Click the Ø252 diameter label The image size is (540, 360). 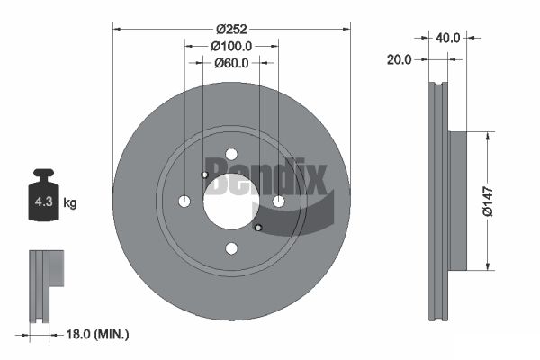coord(231,30)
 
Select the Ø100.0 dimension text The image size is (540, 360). coord(231,46)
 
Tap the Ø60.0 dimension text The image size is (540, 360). coord(231,63)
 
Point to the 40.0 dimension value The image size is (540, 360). coord(447,38)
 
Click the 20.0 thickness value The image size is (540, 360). coord(399,60)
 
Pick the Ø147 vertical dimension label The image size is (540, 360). coord(488,202)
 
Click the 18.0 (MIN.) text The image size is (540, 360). coord(97,334)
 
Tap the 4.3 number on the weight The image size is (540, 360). coord(44,202)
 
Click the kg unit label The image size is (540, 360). coord(70,202)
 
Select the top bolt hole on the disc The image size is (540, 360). coord(231,154)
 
